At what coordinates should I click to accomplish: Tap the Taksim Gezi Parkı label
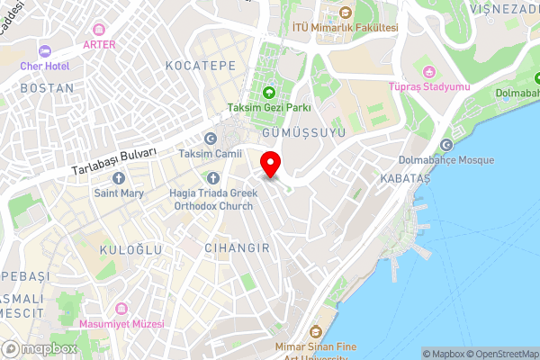(269, 107)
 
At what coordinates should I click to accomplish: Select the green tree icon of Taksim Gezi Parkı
(268, 92)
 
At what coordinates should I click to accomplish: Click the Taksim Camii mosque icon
(211, 139)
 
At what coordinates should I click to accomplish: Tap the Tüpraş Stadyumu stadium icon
(428, 71)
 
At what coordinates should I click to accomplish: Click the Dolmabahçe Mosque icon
(446, 145)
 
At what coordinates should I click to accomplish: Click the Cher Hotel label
(44, 66)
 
